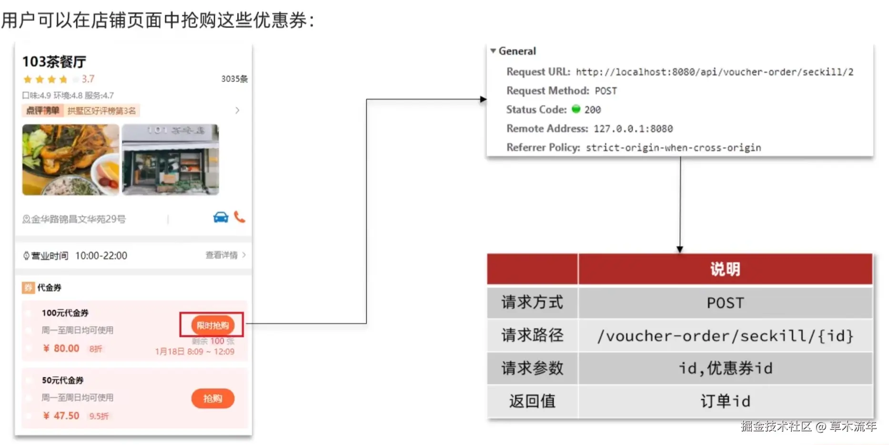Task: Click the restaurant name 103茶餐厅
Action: coord(54,62)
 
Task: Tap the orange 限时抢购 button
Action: coord(212,325)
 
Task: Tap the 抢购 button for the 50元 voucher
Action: coord(212,398)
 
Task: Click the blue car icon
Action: coord(221,217)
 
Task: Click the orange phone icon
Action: coord(240,217)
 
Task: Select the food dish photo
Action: coord(71,160)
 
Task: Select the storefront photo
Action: coord(170,160)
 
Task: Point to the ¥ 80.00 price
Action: coord(61,348)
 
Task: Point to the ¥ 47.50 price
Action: coord(61,415)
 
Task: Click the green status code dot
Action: coord(576,109)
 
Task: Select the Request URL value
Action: coord(714,72)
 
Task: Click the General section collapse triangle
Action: coord(493,51)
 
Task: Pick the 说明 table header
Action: coord(725,269)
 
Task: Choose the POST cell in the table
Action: coord(725,303)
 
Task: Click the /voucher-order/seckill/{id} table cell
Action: coord(725,336)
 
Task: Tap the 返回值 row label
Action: coord(532,401)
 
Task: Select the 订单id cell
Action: coord(725,401)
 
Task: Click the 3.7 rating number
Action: coord(88,79)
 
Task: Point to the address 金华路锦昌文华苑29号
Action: coord(78,219)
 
